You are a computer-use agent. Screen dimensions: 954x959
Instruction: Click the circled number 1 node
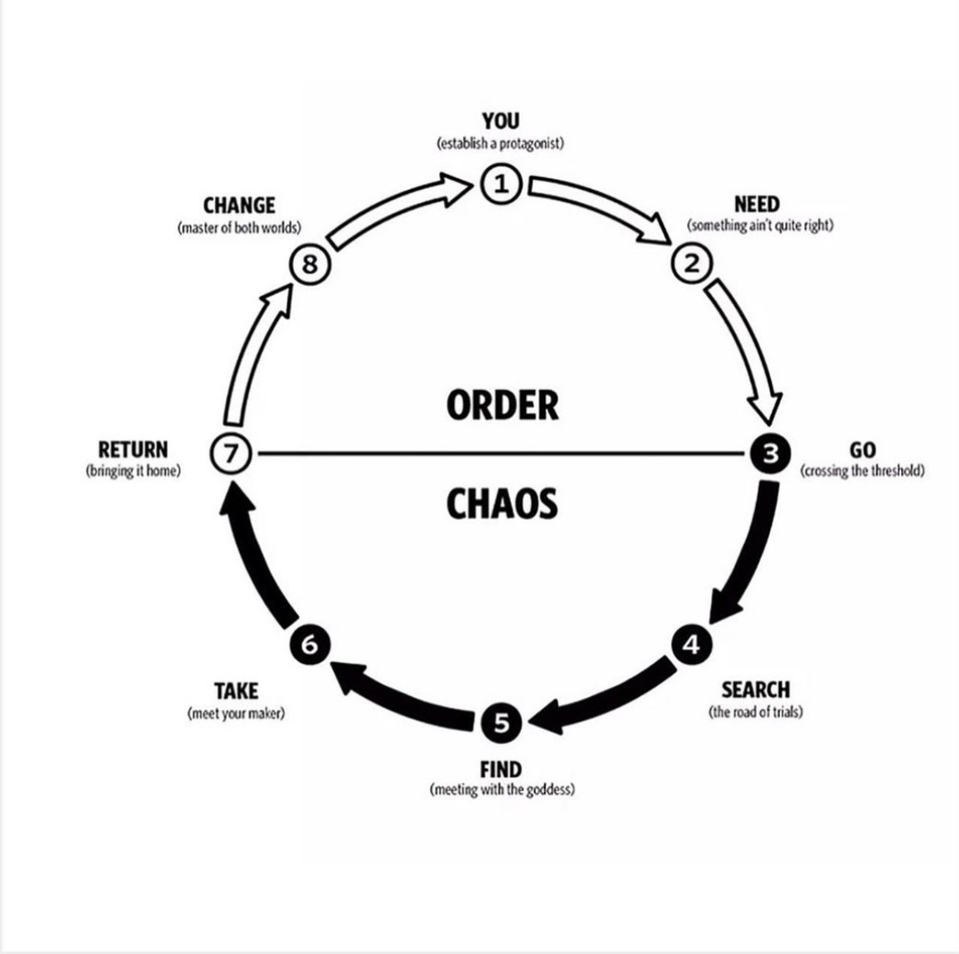501,184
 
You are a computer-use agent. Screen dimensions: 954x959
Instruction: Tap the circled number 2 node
691,264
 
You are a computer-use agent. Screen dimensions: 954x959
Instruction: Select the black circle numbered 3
770,452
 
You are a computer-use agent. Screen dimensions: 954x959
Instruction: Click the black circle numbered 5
501,723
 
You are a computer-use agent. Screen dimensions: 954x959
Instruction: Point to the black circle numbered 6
309,644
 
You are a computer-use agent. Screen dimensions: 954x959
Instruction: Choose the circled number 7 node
229,453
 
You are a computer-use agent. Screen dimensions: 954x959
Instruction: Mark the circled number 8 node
309,264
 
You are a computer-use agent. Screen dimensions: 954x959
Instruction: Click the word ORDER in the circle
502,404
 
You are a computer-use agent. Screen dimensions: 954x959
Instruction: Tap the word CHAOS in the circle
501,503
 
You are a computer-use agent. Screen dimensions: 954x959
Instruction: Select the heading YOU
501,121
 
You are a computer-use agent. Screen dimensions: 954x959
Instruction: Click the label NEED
758,204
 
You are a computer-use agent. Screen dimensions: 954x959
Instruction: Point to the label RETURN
134,450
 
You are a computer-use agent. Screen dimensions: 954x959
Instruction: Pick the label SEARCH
755,690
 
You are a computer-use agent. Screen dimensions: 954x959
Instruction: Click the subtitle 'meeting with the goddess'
501,789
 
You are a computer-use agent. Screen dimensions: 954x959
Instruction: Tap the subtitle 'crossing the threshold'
862,471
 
